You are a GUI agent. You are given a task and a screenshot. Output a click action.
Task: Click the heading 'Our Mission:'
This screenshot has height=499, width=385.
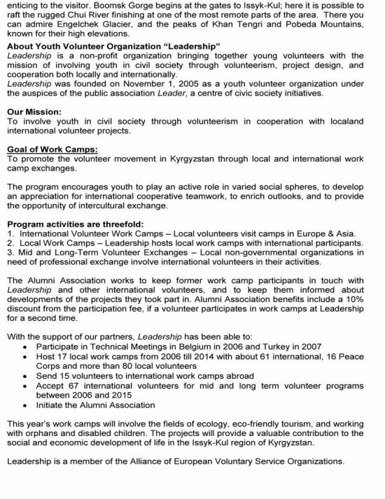click(x=34, y=111)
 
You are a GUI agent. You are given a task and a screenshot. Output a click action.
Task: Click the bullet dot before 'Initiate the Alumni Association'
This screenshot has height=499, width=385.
click(x=27, y=405)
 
